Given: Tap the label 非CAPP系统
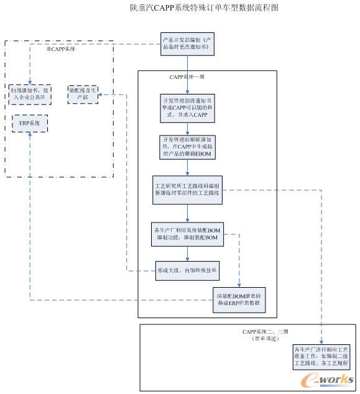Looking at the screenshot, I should click(60, 48).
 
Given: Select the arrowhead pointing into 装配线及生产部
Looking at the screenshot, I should click(101, 94).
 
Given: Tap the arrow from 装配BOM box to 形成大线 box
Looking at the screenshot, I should click(187, 253).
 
